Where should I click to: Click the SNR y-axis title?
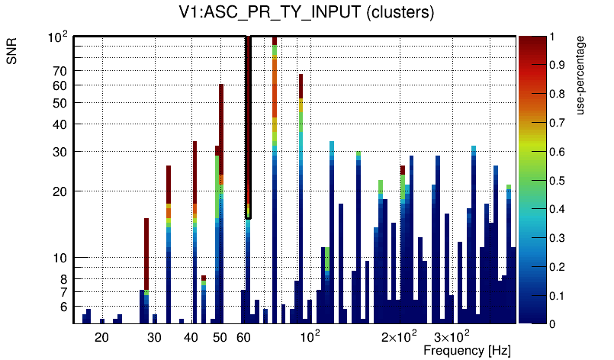point(13,53)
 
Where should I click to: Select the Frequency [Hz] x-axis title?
point(467,351)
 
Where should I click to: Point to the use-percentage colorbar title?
point(581,75)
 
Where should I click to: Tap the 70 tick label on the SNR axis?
point(60,71)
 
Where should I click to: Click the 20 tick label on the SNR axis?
point(60,191)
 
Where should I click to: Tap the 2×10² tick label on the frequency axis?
point(399,336)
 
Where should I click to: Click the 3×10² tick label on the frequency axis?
point(452,336)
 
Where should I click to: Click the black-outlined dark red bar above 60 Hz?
point(249,122)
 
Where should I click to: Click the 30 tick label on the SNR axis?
point(60,152)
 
